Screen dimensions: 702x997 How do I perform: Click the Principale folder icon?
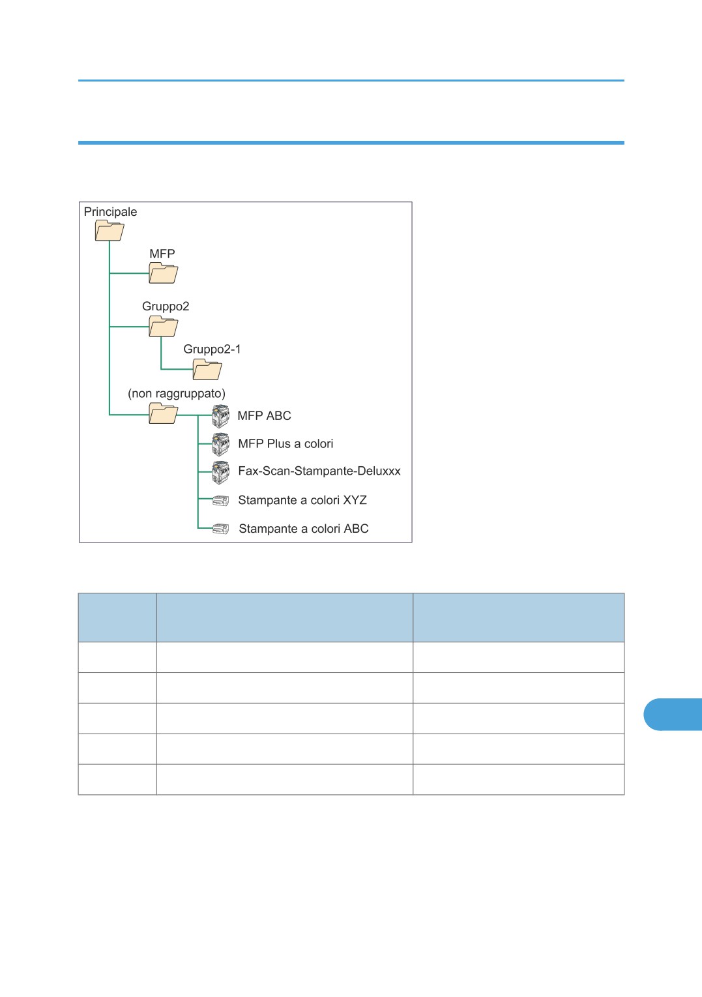(110, 231)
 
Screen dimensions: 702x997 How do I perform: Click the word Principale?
(110, 212)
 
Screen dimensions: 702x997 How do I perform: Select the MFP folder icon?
(163, 273)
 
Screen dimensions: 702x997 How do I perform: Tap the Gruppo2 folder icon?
(163, 326)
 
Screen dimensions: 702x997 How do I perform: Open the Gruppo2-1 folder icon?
(207, 370)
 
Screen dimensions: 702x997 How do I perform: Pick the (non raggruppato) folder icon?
(163, 413)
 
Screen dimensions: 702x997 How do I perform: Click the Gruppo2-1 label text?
(212, 350)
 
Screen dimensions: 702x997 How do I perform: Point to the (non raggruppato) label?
(177, 393)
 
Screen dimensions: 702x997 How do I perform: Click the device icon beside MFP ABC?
(221, 416)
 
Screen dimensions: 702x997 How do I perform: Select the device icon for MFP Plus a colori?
(221, 444)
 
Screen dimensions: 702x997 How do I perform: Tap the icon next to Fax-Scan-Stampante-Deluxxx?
(221, 472)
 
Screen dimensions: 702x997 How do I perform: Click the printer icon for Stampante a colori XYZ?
(221, 501)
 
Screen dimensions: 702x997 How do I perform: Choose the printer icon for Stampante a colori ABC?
(221, 529)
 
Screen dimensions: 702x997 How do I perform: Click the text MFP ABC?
(264, 416)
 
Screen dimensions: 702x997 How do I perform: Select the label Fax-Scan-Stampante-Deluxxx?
(319, 471)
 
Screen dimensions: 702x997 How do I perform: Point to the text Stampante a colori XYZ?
(302, 500)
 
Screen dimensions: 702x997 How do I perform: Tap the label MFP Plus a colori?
(285, 444)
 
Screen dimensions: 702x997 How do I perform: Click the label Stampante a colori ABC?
(304, 529)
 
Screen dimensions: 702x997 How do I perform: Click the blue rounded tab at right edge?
(673, 715)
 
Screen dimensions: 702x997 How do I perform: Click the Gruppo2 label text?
(166, 306)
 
